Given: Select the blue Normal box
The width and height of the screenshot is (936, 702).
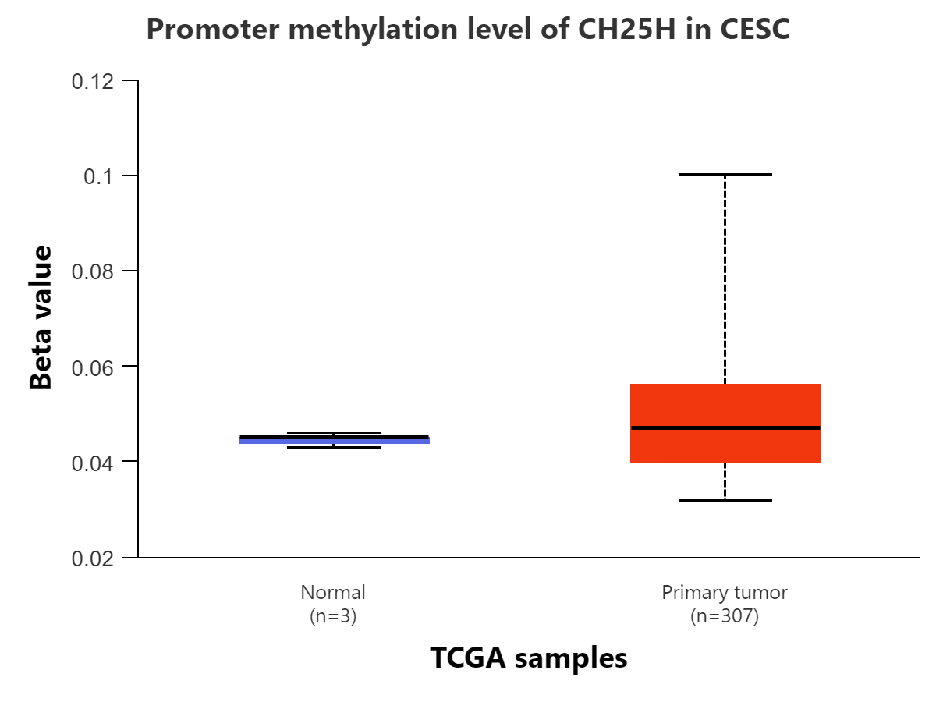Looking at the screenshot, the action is pyautogui.click(x=334, y=440).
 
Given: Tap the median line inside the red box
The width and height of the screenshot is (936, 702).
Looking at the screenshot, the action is pyautogui.click(x=725, y=427).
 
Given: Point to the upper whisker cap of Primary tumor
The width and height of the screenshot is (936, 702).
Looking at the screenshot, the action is pyautogui.click(x=725, y=174).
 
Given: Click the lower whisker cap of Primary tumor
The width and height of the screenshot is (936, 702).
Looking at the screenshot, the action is pyautogui.click(x=725, y=500).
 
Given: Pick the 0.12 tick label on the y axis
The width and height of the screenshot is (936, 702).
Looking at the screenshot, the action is pyautogui.click(x=93, y=81).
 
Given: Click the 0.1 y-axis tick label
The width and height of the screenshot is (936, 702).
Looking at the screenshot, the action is pyautogui.click(x=98, y=176).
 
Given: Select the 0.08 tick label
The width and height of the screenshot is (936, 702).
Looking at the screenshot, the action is pyautogui.click(x=93, y=271).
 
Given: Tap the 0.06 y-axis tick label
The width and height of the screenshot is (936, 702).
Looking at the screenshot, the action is pyautogui.click(x=93, y=367).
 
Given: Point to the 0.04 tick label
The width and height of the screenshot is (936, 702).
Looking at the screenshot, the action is pyautogui.click(x=93, y=463).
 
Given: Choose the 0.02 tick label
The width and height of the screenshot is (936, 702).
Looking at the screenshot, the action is pyautogui.click(x=93, y=558).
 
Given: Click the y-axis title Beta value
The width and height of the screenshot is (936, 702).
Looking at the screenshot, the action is pyautogui.click(x=41, y=317).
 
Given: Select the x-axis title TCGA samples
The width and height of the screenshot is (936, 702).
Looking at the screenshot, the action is pyautogui.click(x=529, y=658).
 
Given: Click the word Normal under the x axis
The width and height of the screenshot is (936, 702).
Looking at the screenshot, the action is pyautogui.click(x=333, y=592).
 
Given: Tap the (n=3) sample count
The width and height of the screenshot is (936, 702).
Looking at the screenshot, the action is pyautogui.click(x=333, y=616).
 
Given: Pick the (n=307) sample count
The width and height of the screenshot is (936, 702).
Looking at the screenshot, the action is pyautogui.click(x=725, y=616).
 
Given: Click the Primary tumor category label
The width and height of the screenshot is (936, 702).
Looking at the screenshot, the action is pyautogui.click(x=725, y=593).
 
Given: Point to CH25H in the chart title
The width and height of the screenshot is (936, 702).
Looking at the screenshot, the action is pyautogui.click(x=627, y=29).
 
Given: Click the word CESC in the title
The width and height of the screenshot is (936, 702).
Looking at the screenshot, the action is pyautogui.click(x=755, y=29).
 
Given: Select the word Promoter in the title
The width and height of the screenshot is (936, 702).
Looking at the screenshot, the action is pyautogui.click(x=213, y=29).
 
